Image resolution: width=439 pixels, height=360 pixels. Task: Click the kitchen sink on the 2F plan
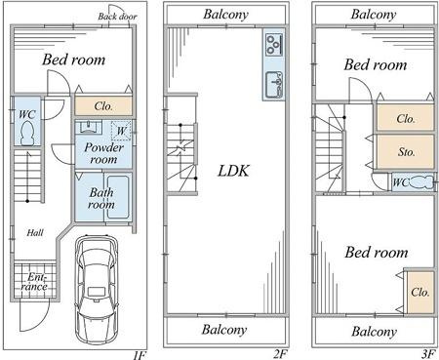click(274, 85)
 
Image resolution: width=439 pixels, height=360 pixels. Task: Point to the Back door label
click(117, 17)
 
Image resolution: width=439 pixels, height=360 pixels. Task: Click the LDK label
click(233, 171)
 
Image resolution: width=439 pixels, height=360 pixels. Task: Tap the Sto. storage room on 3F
click(406, 152)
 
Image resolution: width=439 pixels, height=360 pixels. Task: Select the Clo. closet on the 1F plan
click(103, 106)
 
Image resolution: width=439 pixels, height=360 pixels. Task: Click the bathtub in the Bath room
click(118, 197)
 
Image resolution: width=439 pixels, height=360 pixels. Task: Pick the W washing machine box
click(121, 131)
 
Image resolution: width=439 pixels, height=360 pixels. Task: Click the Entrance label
click(34, 282)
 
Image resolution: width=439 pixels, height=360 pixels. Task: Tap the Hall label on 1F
click(35, 233)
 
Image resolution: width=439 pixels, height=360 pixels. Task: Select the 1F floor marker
click(140, 354)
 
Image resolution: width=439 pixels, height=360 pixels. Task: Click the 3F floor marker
click(429, 353)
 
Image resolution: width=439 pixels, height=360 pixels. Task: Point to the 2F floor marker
click(280, 353)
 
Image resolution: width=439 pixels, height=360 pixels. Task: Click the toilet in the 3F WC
click(421, 181)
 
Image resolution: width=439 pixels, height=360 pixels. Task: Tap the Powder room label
click(103, 153)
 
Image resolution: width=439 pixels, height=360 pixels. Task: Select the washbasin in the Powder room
click(89, 127)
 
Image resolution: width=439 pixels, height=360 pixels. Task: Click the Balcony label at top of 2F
click(225, 15)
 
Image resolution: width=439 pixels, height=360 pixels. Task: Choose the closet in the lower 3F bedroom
click(420, 292)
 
